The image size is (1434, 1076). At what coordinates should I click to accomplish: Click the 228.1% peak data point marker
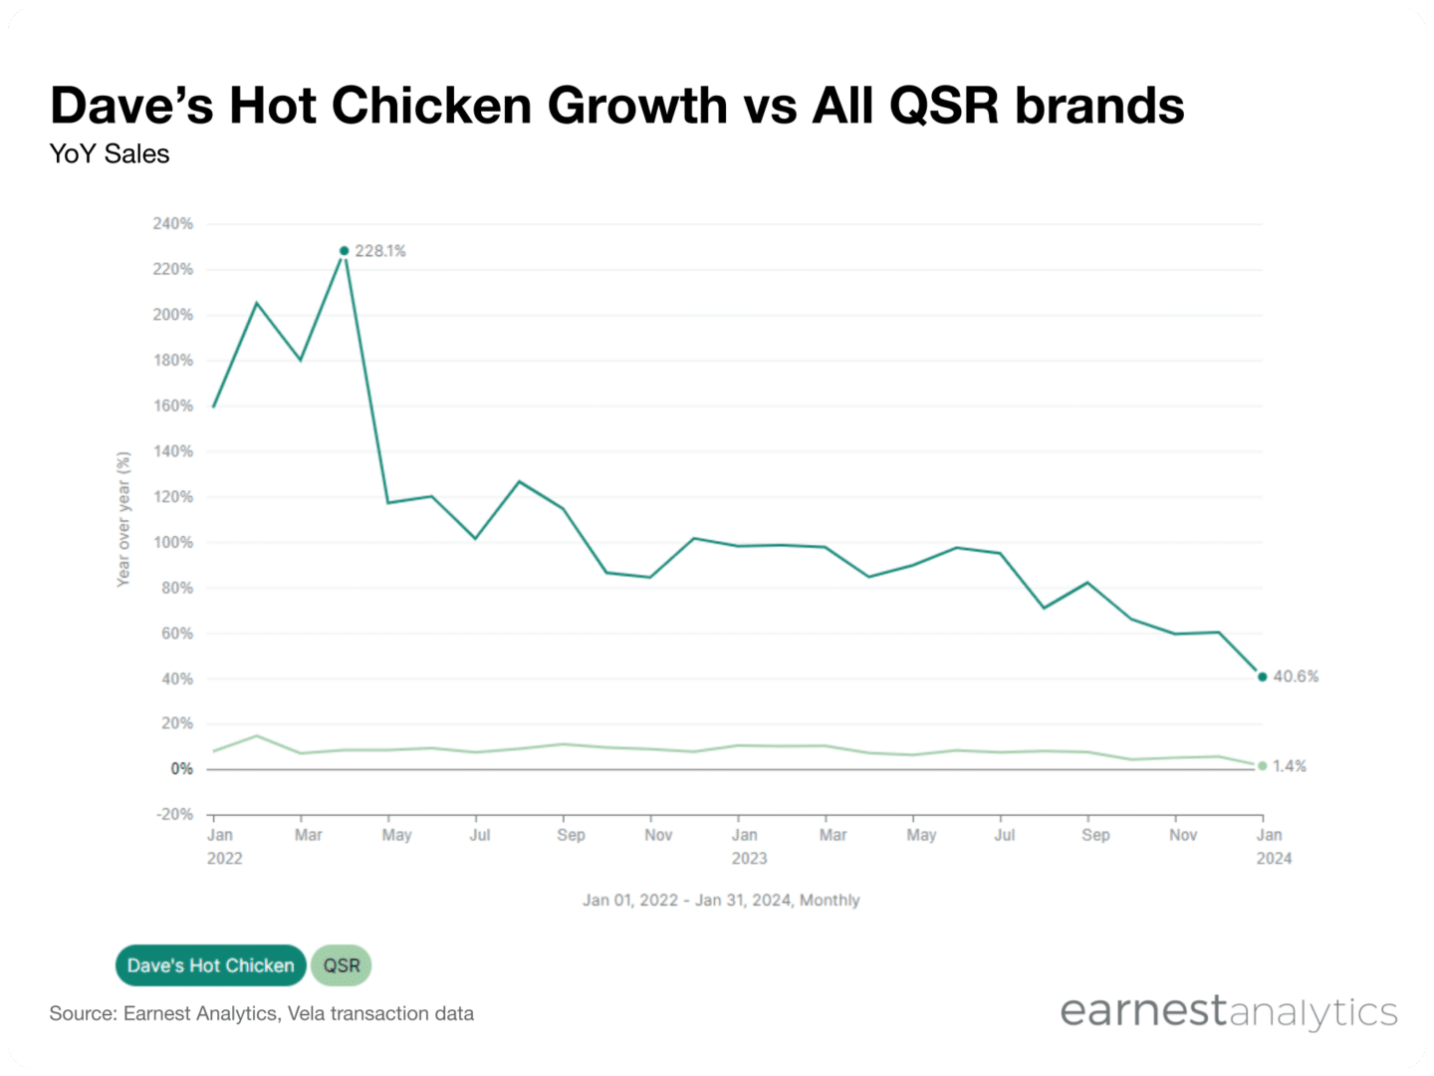[345, 251]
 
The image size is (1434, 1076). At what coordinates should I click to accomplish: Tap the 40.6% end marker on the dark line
[1262, 677]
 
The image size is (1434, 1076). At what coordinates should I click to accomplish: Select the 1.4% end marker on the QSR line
[1262, 766]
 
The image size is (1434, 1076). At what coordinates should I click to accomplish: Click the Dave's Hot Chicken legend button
[210, 965]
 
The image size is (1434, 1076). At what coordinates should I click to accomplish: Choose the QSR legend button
[342, 965]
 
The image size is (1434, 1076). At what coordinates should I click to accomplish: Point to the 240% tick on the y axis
[173, 224]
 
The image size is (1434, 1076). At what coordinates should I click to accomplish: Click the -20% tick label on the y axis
[174, 814]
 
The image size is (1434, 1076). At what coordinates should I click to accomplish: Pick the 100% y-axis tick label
[173, 543]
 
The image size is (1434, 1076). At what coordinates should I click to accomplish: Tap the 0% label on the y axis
[181, 769]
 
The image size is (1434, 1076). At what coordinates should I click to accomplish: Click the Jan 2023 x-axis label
[747, 846]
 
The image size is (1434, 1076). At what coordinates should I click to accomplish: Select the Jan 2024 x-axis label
[1272, 846]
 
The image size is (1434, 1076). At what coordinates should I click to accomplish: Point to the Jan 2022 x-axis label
[223, 846]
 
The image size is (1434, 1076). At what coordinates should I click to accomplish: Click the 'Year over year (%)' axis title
[123, 519]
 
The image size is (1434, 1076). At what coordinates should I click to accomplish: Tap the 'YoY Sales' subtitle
[110, 154]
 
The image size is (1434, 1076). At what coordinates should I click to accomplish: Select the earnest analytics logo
[1228, 1011]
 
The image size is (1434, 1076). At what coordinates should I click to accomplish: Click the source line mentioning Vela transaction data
[262, 1014]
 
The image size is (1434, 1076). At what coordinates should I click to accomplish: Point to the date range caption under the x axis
[721, 901]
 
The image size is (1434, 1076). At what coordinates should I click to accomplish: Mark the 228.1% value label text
[380, 251]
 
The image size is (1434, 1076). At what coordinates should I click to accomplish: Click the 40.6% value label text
[1296, 676]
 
